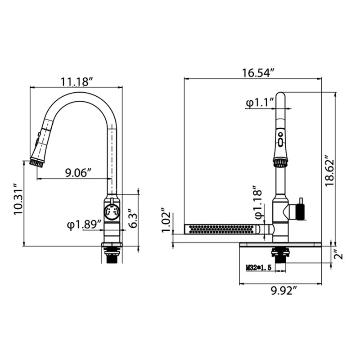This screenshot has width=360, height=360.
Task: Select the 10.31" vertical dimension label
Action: tap(18, 199)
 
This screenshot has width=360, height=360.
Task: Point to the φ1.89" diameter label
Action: tap(84, 225)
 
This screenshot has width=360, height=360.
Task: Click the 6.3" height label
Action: tap(132, 218)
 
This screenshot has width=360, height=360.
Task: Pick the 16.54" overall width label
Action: tap(258, 73)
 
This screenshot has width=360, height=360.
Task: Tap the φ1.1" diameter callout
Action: tap(260, 103)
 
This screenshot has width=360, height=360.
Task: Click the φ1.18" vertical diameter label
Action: tap(258, 202)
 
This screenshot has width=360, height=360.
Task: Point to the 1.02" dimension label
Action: tap(166, 220)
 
